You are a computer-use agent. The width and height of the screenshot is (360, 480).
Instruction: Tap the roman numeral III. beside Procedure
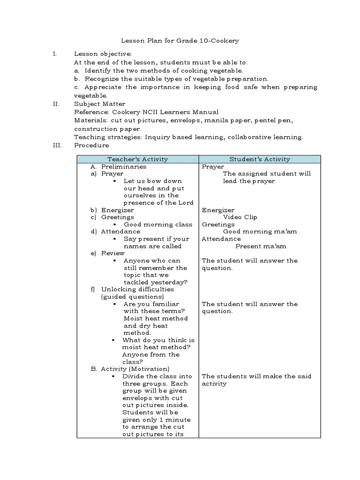[56, 145]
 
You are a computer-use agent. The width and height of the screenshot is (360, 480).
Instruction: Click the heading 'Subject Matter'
[99, 104]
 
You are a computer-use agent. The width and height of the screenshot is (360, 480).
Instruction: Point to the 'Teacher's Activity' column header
[137, 159]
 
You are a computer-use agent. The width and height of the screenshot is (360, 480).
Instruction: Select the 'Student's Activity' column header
[260, 159]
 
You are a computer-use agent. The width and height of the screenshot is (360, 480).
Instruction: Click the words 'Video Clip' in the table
[240, 217]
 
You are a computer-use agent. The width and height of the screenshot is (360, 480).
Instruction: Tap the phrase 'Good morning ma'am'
[260, 232]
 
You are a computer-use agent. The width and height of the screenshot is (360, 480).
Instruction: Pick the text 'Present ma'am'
[261, 246]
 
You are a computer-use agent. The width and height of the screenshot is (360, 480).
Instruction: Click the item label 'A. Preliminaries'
[119, 166]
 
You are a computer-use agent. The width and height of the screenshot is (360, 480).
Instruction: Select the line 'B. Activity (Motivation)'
[130, 369]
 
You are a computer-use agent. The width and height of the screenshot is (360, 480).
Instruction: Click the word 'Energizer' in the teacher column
[117, 210]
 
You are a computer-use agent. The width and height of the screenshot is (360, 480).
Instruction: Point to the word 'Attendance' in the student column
[221, 239]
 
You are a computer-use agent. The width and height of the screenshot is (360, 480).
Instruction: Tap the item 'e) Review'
[108, 253]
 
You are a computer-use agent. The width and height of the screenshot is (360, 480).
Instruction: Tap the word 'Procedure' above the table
[91, 145]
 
